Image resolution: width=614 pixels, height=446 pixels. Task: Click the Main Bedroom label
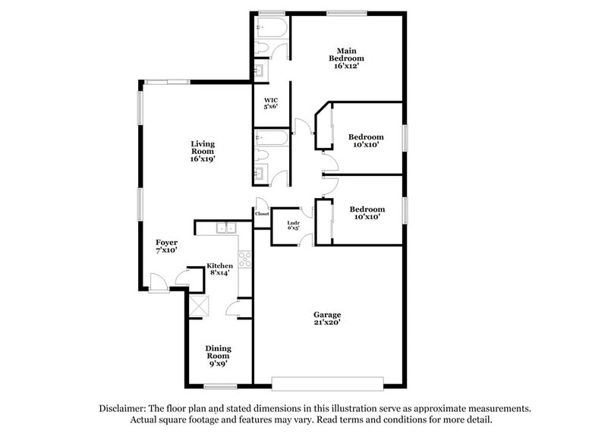pyautogui.click(x=346, y=58)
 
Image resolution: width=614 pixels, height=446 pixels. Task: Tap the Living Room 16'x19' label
pyautogui.click(x=202, y=152)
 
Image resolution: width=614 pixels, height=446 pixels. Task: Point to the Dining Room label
pyautogui.click(x=218, y=352)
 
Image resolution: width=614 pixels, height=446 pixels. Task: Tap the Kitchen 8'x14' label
pyautogui.click(x=220, y=269)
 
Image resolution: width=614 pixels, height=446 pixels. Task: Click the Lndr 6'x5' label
pyautogui.click(x=294, y=225)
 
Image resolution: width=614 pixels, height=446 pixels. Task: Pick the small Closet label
pyautogui.click(x=262, y=214)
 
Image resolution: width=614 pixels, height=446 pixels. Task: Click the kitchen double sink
pyautogui.click(x=225, y=227)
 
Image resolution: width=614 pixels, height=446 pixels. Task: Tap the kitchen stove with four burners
pyautogui.click(x=245, y=259)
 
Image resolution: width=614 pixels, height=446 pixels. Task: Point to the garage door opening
pyautogui.click(x=327, y=381)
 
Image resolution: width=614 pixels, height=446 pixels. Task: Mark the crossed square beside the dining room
pyautogui.click(x=201, y=307)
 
